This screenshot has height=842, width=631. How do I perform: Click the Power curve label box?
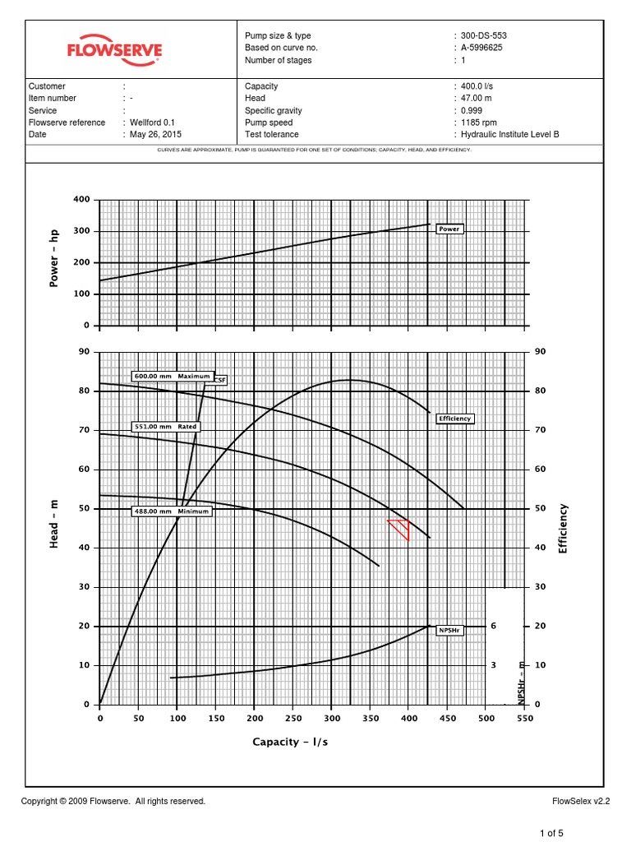(x=449, y=229)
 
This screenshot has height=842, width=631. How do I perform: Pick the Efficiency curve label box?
(x=454, y=419)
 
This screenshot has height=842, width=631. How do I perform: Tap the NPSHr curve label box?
(x=449, y=631)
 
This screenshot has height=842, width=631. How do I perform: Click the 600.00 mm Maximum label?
(x=172, y=377)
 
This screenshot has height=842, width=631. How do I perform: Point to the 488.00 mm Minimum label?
(x=172, y=511)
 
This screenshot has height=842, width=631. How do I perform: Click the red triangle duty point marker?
(x=400, y=528)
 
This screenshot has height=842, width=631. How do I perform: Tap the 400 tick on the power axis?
(x=81, y=200)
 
